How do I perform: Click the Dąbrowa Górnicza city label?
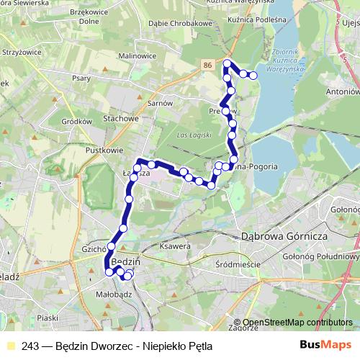(x=284, y=236)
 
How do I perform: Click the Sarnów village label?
(x=160, y=103)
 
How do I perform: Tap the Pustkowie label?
(x=102, y=150)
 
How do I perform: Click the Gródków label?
(x=76, y=122)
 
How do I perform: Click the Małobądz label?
(x=112, y=293)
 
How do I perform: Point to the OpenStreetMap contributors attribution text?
(x=297, y=322)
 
